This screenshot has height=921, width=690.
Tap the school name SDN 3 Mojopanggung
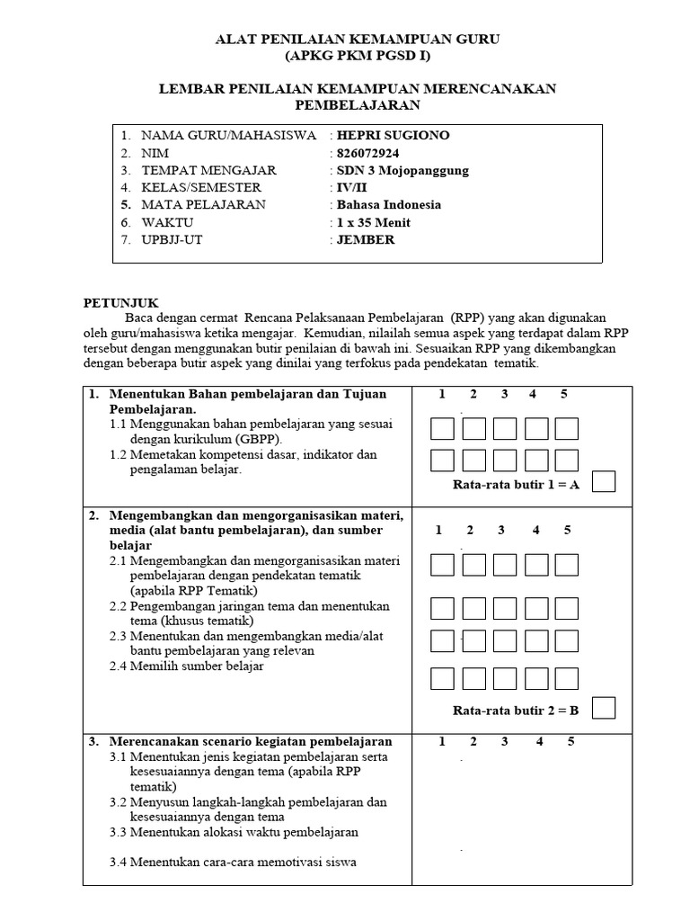point(402,170)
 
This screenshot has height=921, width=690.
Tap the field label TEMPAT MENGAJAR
point(208,170)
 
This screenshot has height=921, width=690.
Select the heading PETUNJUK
point(120,304)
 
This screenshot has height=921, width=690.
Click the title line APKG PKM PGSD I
point(358,56)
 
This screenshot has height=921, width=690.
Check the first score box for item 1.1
point(442,429)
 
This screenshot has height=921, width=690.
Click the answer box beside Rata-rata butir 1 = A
point(605,483)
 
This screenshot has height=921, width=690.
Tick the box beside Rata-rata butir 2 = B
point(605,709)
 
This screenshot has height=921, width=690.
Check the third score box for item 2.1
point(504,565)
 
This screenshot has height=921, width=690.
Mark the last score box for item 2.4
point(566,678)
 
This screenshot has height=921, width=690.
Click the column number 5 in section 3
point(571,742)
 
